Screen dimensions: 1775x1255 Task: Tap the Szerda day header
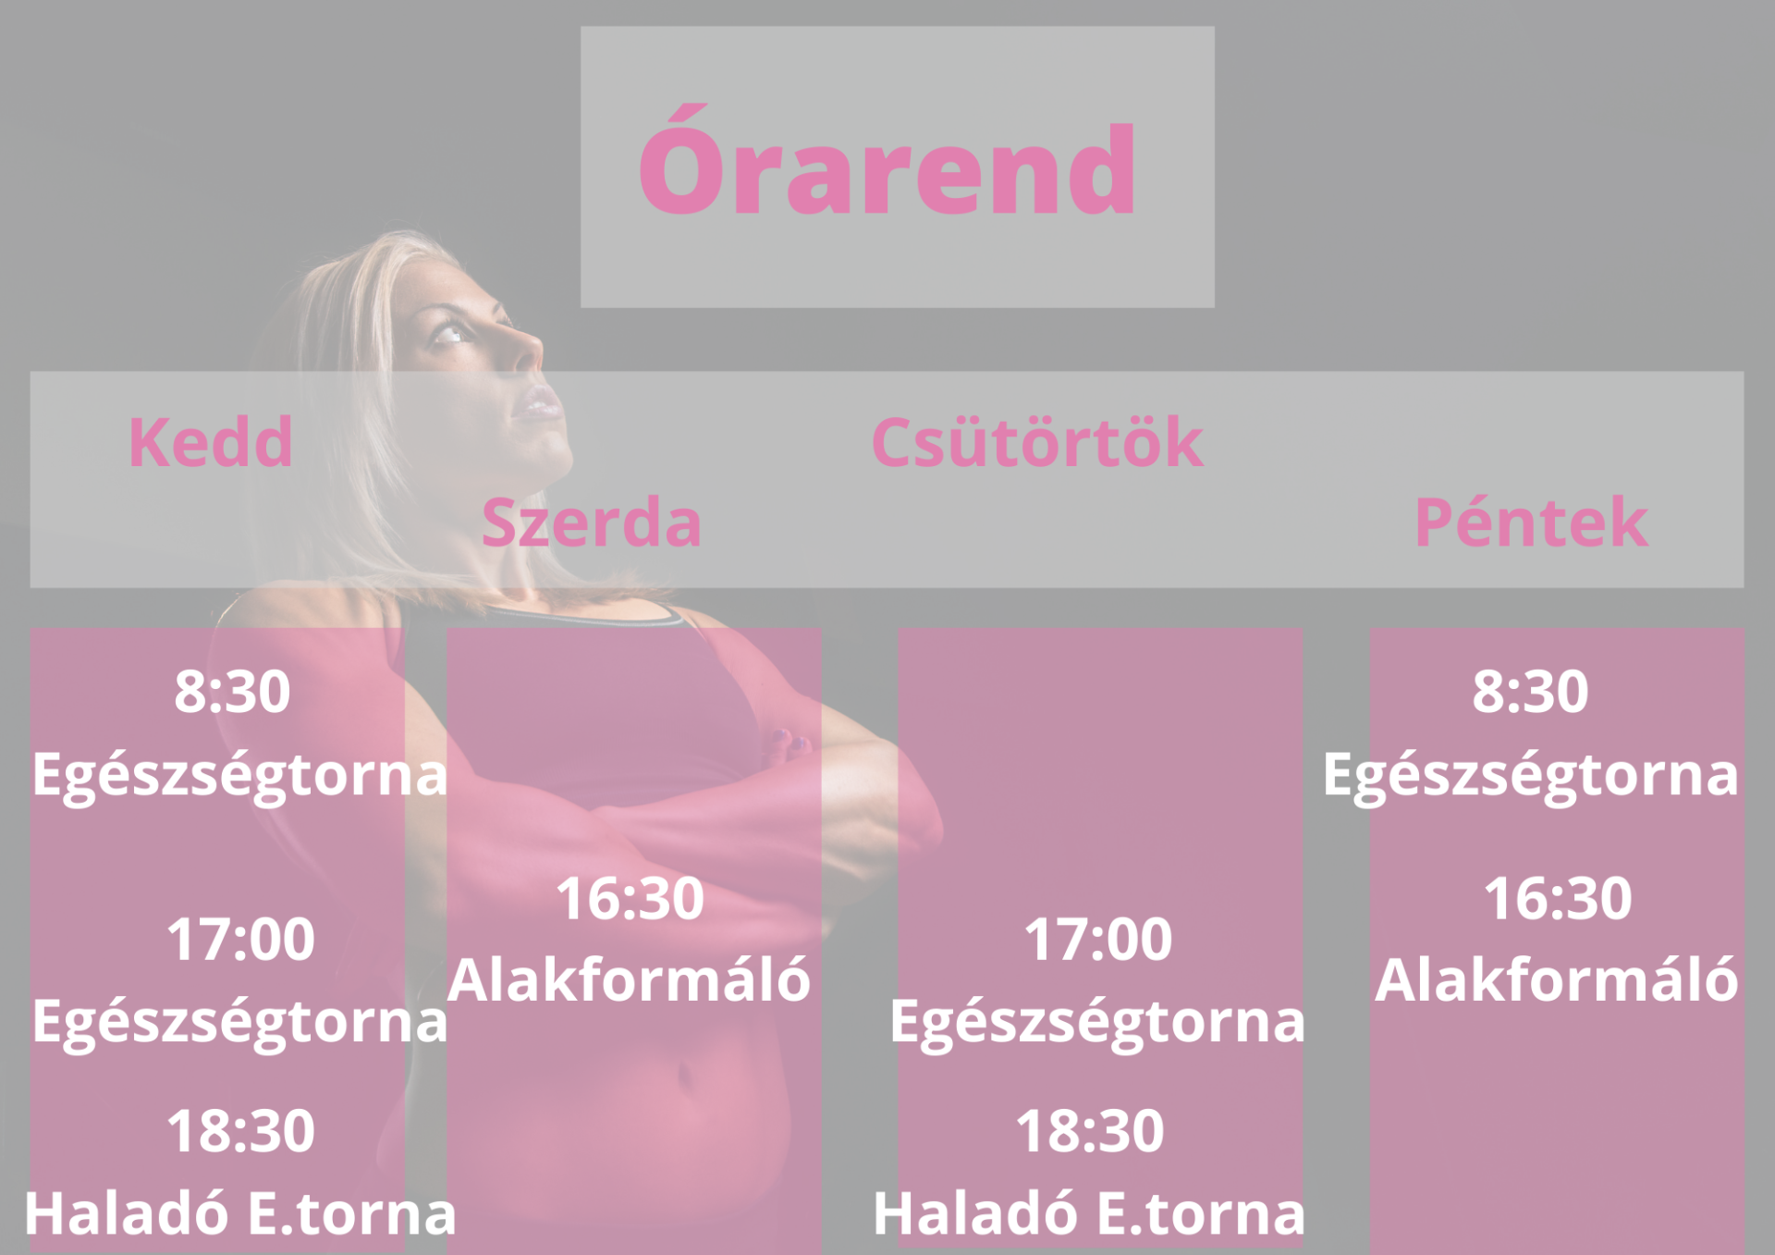(x=592, y=523)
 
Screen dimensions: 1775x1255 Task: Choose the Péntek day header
(x=1531, y=522)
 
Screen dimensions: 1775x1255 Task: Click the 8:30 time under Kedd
(x=232, y=691)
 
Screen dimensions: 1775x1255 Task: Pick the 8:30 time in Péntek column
(x=1530, y=691)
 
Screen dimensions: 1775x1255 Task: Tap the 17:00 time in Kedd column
(x=240, y=939)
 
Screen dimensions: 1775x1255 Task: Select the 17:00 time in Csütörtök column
(x=1097, y=939)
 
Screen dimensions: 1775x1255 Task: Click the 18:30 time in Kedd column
(x=240, y=1130)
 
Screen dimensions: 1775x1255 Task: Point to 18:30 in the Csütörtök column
(x=1090, y=1130)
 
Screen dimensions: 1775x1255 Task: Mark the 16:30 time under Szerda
(x=630, y=898)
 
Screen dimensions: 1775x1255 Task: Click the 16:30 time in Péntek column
(x=1558, y=898)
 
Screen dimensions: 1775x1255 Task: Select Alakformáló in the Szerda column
(x=630, y=979)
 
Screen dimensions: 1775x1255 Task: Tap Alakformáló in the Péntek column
(x=1557, y=979)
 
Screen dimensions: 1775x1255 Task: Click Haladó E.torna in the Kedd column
(x=240, y=1212)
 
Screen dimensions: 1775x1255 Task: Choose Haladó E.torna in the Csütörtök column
(x=1089, y=1212)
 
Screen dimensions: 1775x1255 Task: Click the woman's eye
(x=451, y=334)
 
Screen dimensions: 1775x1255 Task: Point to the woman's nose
(x=527, y=351)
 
